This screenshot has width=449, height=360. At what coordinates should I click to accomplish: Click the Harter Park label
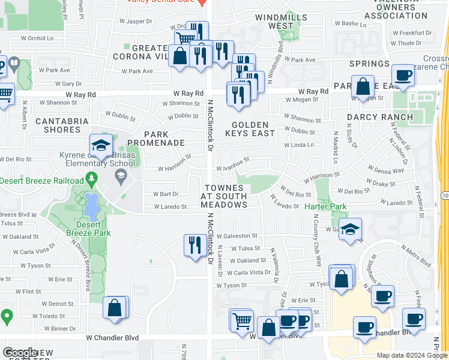[x=326, y=206]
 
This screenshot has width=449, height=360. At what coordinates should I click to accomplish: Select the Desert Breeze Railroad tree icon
[x=91, y=179]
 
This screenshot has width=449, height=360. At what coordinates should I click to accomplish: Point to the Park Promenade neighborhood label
[x=163, y=139]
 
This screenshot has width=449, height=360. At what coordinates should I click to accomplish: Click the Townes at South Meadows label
[x=224, y=196]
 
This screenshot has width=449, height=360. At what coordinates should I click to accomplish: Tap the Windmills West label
[x=282, y=22]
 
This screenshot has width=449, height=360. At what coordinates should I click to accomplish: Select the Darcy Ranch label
[x=380, y=117]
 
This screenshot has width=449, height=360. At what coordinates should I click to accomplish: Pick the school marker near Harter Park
[x=350, y=229]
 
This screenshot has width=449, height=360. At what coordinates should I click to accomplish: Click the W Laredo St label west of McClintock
[x=170, y=207]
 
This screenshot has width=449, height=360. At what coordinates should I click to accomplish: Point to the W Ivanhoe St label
[x=232, y=164]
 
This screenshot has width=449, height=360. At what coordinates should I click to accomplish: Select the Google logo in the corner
[x=20, y=352]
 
